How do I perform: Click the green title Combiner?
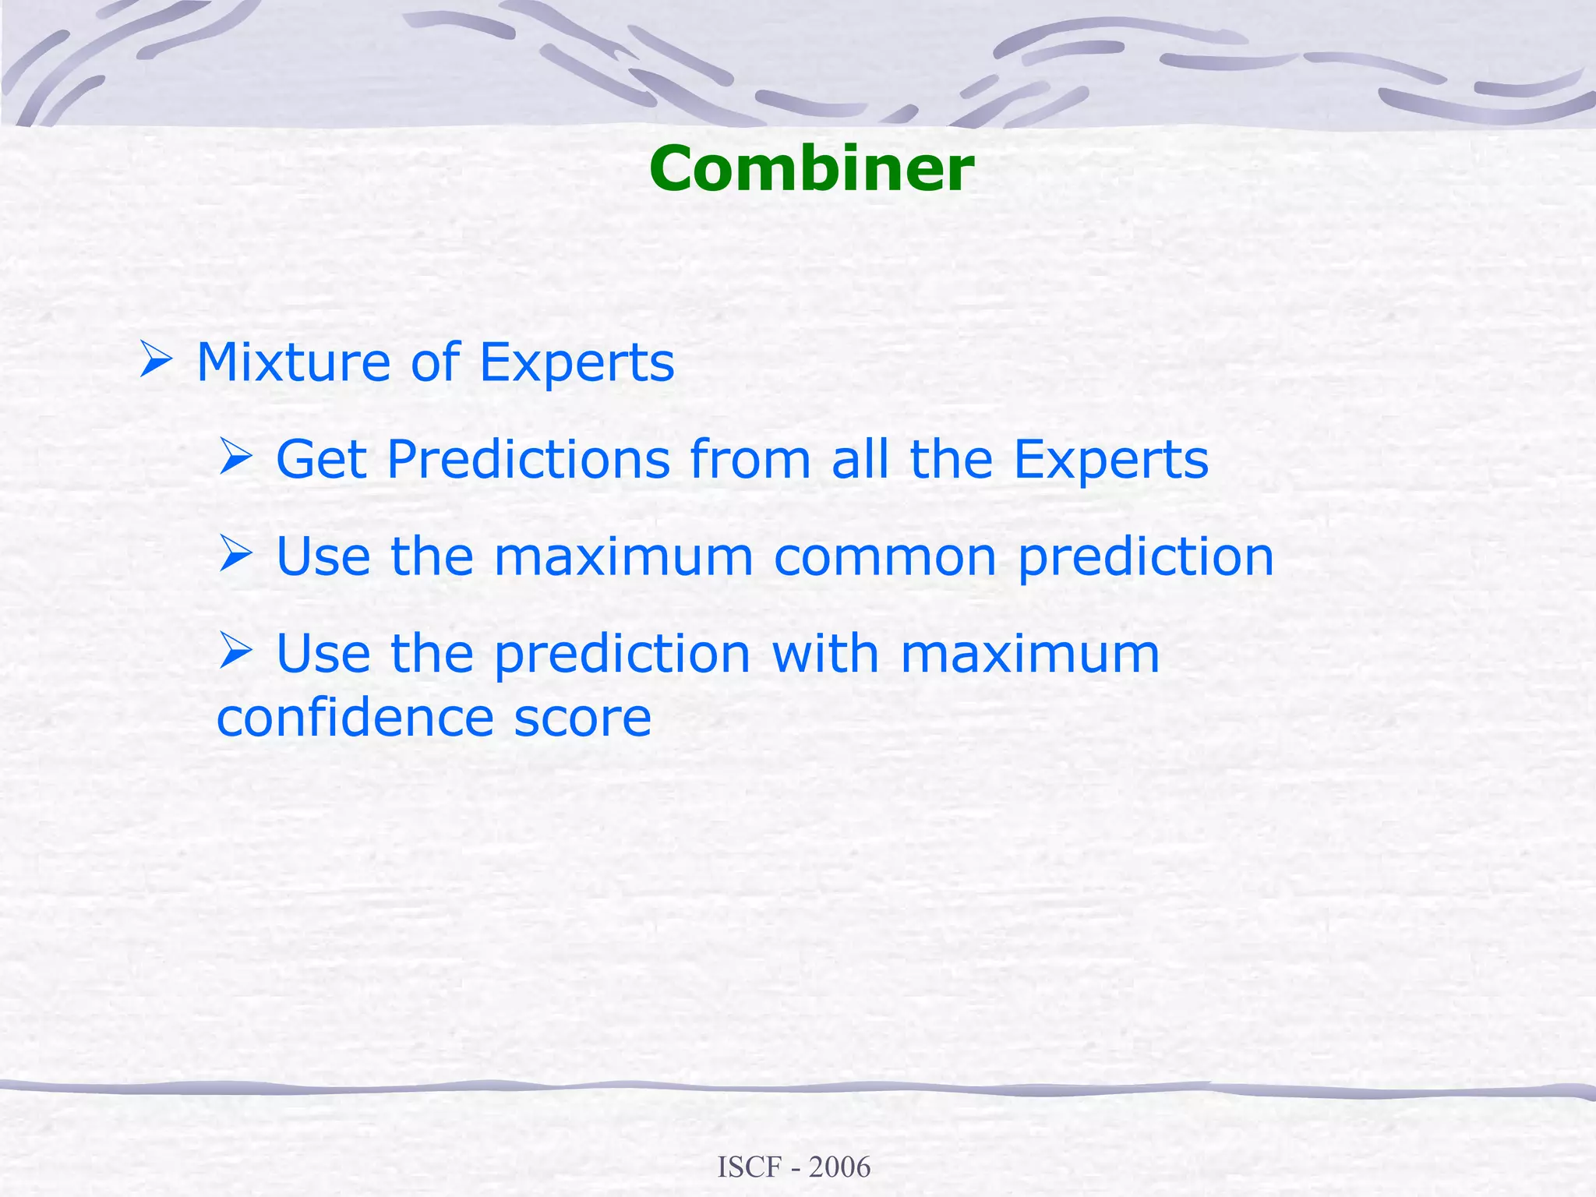coord(811,169)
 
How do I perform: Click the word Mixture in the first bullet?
coord(293,362)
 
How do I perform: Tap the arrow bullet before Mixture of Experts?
coord(156,359)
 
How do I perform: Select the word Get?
coord(321,459)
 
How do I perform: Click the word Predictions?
coord(528,459)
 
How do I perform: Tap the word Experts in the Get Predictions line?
coord(1110,459)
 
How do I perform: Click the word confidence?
coord(355,718)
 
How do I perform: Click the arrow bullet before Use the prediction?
coord(235,651)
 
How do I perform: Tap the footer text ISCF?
coord(749,1167)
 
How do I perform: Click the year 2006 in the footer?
coord(839,1167)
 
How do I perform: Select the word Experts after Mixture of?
coord(577,362)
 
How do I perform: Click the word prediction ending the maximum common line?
coord(1146,558)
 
